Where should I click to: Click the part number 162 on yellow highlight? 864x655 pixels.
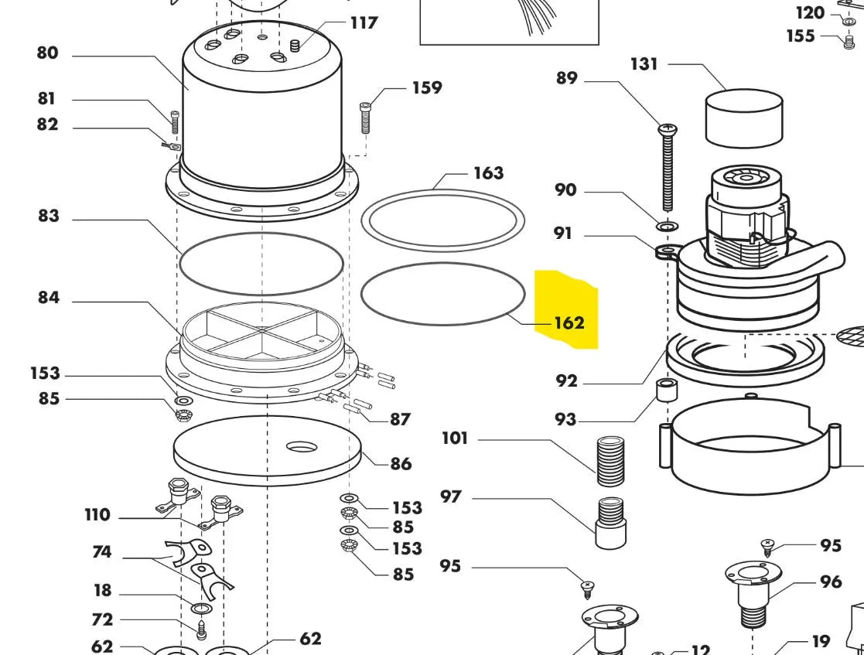(569, 322)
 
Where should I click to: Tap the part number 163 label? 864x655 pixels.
(488, 172)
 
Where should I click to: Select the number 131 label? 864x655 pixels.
(644, 64)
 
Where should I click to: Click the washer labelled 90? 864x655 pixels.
(667, 227)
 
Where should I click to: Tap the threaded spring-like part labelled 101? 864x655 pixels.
(611, 460)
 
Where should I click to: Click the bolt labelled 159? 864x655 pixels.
(366, 118)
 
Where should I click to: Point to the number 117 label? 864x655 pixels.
(364, 22)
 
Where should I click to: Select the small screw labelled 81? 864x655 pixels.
(175, 121)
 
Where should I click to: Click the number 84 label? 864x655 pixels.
(48, 298)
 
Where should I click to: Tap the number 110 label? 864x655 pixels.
(97, 515)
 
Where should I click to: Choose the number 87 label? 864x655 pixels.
(400, 419)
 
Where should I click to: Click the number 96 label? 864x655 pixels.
(831, 582)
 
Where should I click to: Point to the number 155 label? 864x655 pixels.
(801, 36)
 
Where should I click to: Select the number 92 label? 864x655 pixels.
(566, 380)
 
